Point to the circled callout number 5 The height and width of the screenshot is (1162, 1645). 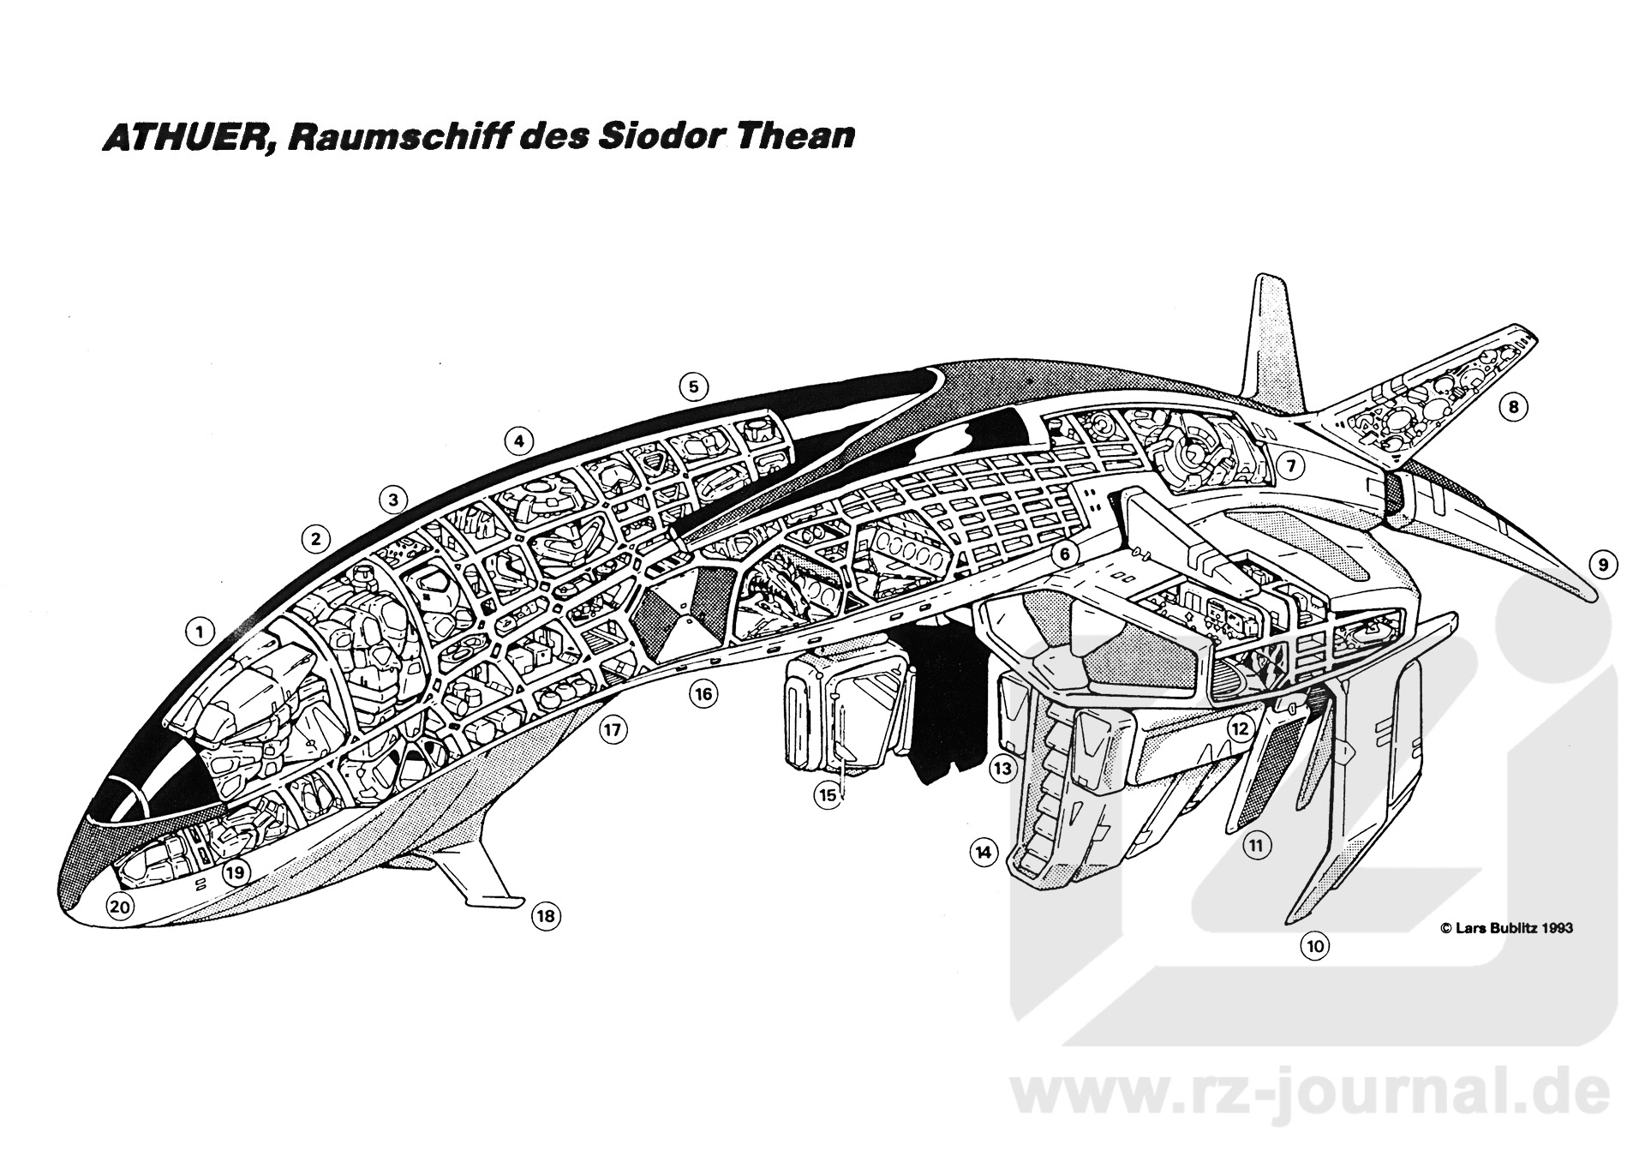[x=693, y=387]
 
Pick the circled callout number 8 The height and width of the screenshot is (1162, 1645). [x=1514, y=407]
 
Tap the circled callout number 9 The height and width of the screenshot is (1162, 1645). [x=1603, y=565]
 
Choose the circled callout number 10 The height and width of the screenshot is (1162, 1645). [x=1315, y=946]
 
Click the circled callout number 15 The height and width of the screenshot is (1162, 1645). [x=828, y=795]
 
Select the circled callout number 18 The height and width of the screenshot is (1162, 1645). [x=545, y=916]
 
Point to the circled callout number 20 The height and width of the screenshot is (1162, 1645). [x=119, y=907]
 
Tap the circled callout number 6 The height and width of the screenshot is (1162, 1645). [x=1064, y=554]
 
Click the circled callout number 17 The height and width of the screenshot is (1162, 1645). [x=612, y=730]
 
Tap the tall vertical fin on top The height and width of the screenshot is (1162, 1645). [x=1271, y=343]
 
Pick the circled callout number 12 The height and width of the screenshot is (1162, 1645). [x=1239, y=728]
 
